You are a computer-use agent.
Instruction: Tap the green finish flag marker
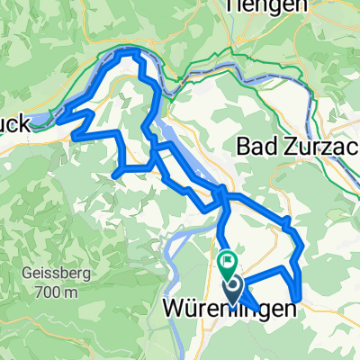coord(227,265)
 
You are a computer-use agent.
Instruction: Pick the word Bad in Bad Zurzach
coord(256,146)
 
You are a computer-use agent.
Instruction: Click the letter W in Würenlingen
coord(174,309)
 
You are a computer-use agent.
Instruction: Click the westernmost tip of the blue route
coord(59,115)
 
